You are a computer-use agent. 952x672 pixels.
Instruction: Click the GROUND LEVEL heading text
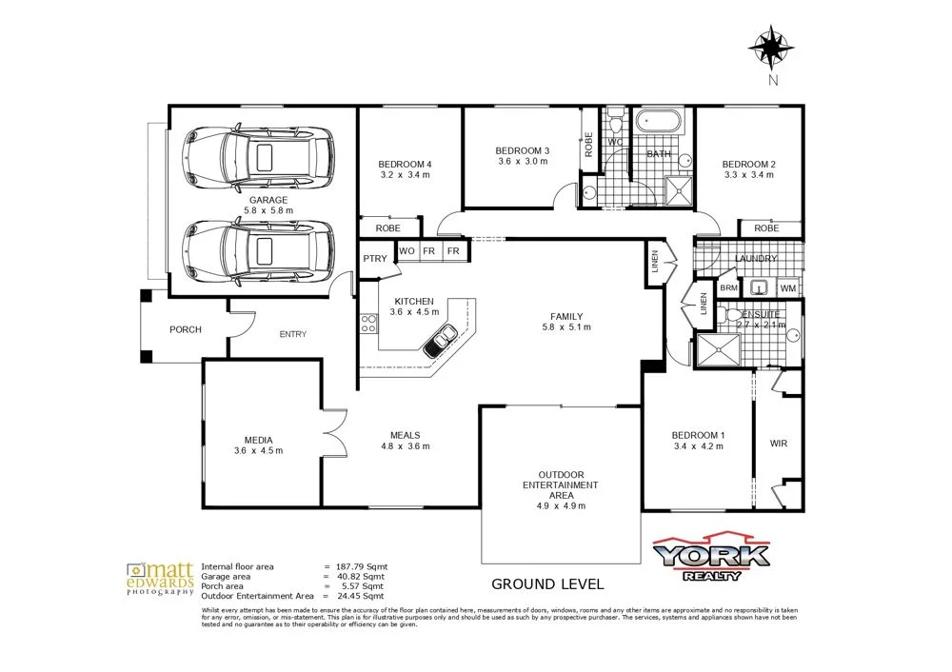point(546,583)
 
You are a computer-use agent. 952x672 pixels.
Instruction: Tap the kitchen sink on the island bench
point(441,337)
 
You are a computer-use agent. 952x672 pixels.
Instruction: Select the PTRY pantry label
point(373,259)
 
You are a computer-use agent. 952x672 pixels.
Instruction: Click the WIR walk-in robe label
point(778,444)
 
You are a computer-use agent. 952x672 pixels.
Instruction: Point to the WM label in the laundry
point(787,287)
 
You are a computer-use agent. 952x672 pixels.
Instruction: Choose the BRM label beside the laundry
point(728,287)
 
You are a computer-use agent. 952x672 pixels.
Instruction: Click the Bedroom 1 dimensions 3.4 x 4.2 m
point(697,446)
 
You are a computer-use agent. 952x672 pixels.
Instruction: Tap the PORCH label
point(186,330)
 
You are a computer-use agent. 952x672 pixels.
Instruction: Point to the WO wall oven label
point(407,250)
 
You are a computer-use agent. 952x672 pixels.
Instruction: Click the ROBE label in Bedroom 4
point(387,228)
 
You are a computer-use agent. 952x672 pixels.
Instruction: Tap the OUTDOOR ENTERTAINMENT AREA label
point(560,485)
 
